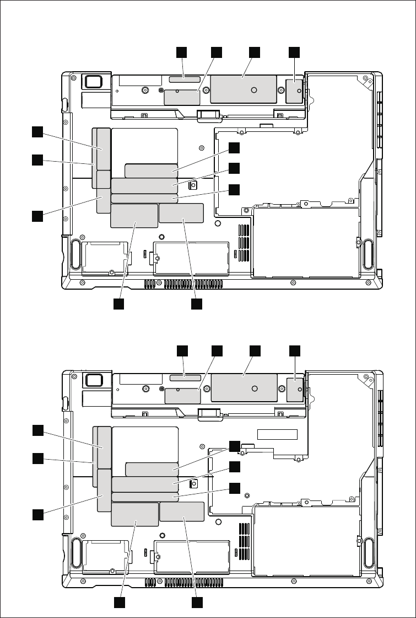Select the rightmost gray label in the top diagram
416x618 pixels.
pos(295,90)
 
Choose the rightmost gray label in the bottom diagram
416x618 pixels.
pos(296,388)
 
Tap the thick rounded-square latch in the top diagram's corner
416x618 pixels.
pos(93,81)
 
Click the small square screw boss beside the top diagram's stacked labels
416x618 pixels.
pos(193,185)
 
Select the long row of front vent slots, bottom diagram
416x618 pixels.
pos(184,583)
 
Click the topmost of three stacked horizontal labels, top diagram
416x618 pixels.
pos(151,170)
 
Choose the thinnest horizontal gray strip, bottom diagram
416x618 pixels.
pos(145,497)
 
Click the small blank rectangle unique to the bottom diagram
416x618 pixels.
pos(277,434)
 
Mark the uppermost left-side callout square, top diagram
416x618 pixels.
pos(37,131)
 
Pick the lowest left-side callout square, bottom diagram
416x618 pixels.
pos(37,514)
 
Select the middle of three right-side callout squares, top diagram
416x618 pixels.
pos(235,168)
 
